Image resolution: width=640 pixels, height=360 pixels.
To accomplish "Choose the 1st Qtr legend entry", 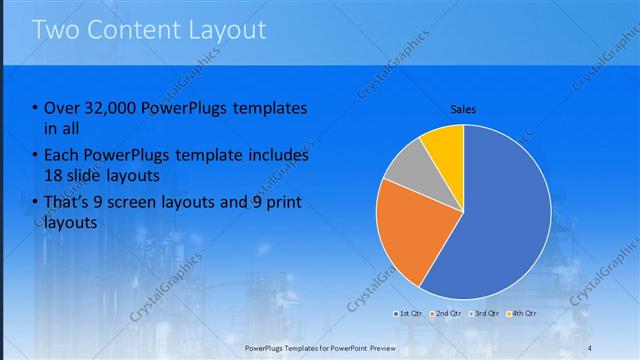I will click(x=411, y=314).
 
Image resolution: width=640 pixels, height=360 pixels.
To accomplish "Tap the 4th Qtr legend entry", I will click(x=523, y=314).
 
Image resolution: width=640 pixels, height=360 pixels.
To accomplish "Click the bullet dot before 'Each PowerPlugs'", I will click(x=36, y=156).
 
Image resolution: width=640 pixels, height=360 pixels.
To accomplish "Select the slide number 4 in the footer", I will click(x=589, y=347).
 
